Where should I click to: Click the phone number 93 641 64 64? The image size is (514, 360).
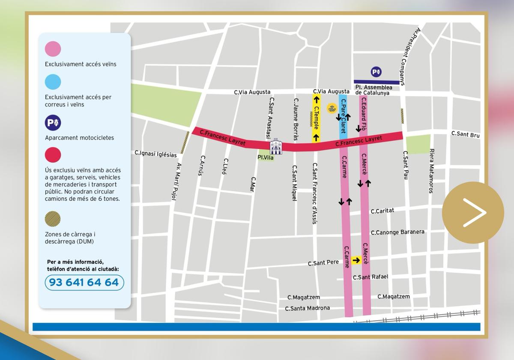click(x=84, y=283)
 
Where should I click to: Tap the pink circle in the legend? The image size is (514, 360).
click(x=53, y=49)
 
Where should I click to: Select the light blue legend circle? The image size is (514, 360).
click(x=53, y=82)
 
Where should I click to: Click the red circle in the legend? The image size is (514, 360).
click(x=53, y=155)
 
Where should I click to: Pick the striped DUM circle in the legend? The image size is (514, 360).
click(x=53, y=219)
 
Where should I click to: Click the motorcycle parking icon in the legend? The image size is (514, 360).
click(x=53, y=123)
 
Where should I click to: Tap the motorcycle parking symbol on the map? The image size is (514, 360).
click(x=376, y=72)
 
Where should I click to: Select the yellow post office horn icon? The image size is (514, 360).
click(x=332, y=109)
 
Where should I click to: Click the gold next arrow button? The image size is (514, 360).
click(x=473, y=213)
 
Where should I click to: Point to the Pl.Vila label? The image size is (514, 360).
click(x=265, y=158)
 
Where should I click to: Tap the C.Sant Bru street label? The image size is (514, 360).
click(x=465, y=134)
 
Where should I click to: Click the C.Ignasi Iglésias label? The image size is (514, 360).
click(x=155, y=154)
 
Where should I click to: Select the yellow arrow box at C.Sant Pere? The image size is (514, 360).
click(x=356, y=260)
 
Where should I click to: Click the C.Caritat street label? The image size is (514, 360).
click(x=382, y=211)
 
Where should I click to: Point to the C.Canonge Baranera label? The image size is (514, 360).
click(x=397, y=232)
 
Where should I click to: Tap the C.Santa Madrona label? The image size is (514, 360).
click(x=307, y=308)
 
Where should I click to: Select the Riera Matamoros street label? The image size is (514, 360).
click(x=432, y=171)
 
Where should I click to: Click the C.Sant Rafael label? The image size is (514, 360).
click(x=370, y=277)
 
